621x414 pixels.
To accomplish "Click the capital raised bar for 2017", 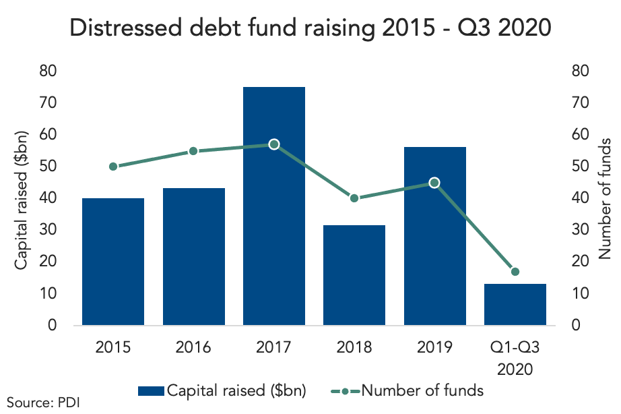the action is (274, 206).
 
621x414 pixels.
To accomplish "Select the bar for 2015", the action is (113, 262).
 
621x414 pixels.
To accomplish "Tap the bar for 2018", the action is (354, 275).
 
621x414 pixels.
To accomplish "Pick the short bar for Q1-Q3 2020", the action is (515, 305).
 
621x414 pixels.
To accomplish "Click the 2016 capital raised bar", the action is (194, 257).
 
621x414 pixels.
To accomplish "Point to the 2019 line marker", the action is (434, 183).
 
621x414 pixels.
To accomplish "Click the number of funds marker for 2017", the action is (274, 144).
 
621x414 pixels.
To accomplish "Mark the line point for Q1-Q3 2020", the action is (515, 272).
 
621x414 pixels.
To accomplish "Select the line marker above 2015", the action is (113, 167).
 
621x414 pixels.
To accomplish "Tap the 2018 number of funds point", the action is (354, 198).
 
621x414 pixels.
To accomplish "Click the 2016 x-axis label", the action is (193, 347).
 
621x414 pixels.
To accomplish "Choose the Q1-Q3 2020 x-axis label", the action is (515, 358).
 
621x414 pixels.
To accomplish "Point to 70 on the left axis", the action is (48, 102).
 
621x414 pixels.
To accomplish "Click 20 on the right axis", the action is (580, 261).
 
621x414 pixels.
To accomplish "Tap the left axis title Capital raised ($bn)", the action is (21, 200).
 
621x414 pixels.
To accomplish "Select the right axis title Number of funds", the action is (605, 199).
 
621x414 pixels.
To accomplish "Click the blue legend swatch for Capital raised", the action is (151, 391).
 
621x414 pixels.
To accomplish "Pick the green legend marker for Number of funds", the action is (345, 391).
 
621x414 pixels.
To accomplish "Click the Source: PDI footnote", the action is (43, 403).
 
